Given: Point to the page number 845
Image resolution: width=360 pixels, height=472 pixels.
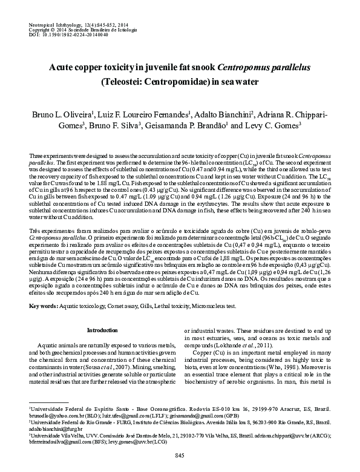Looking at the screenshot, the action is (180, 454).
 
